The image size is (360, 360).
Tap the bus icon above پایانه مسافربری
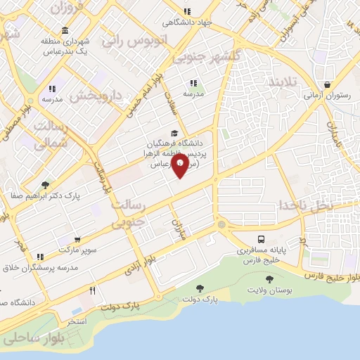point(262,239)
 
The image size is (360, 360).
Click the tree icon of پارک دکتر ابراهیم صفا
point(46,185)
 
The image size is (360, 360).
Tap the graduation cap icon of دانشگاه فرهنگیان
point(174,134)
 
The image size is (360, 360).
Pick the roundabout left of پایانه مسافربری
point(222,224)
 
